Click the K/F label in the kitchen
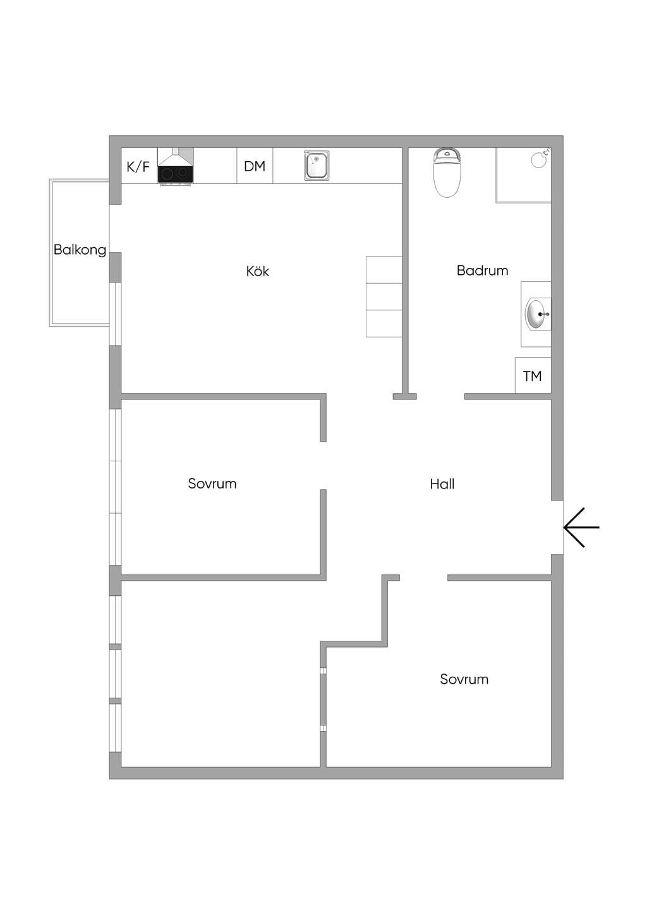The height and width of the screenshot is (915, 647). [138, 167]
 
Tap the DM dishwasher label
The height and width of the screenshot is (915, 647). [255, 166]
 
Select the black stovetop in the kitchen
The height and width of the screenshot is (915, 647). [175, 174]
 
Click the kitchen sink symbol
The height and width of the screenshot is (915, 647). [316, 165]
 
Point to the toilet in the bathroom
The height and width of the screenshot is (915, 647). [447, 173]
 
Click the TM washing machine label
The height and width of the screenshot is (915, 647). [532, 376]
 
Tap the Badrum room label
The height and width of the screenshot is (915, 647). [482, 270]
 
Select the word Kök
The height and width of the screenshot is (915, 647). [257, 271]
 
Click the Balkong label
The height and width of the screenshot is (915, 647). [80, 250]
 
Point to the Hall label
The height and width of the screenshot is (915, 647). [442, 484]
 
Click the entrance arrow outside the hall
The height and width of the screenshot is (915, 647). [581, 528]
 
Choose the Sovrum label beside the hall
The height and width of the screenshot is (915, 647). [212, 483]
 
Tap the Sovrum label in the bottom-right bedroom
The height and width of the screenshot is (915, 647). [464, 679]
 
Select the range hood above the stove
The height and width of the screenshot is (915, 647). [175, 157]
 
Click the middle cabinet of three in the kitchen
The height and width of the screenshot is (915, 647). [384, 296]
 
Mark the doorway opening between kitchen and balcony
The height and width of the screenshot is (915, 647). [115, 228]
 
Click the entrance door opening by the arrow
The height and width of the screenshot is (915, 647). [557, 528]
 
